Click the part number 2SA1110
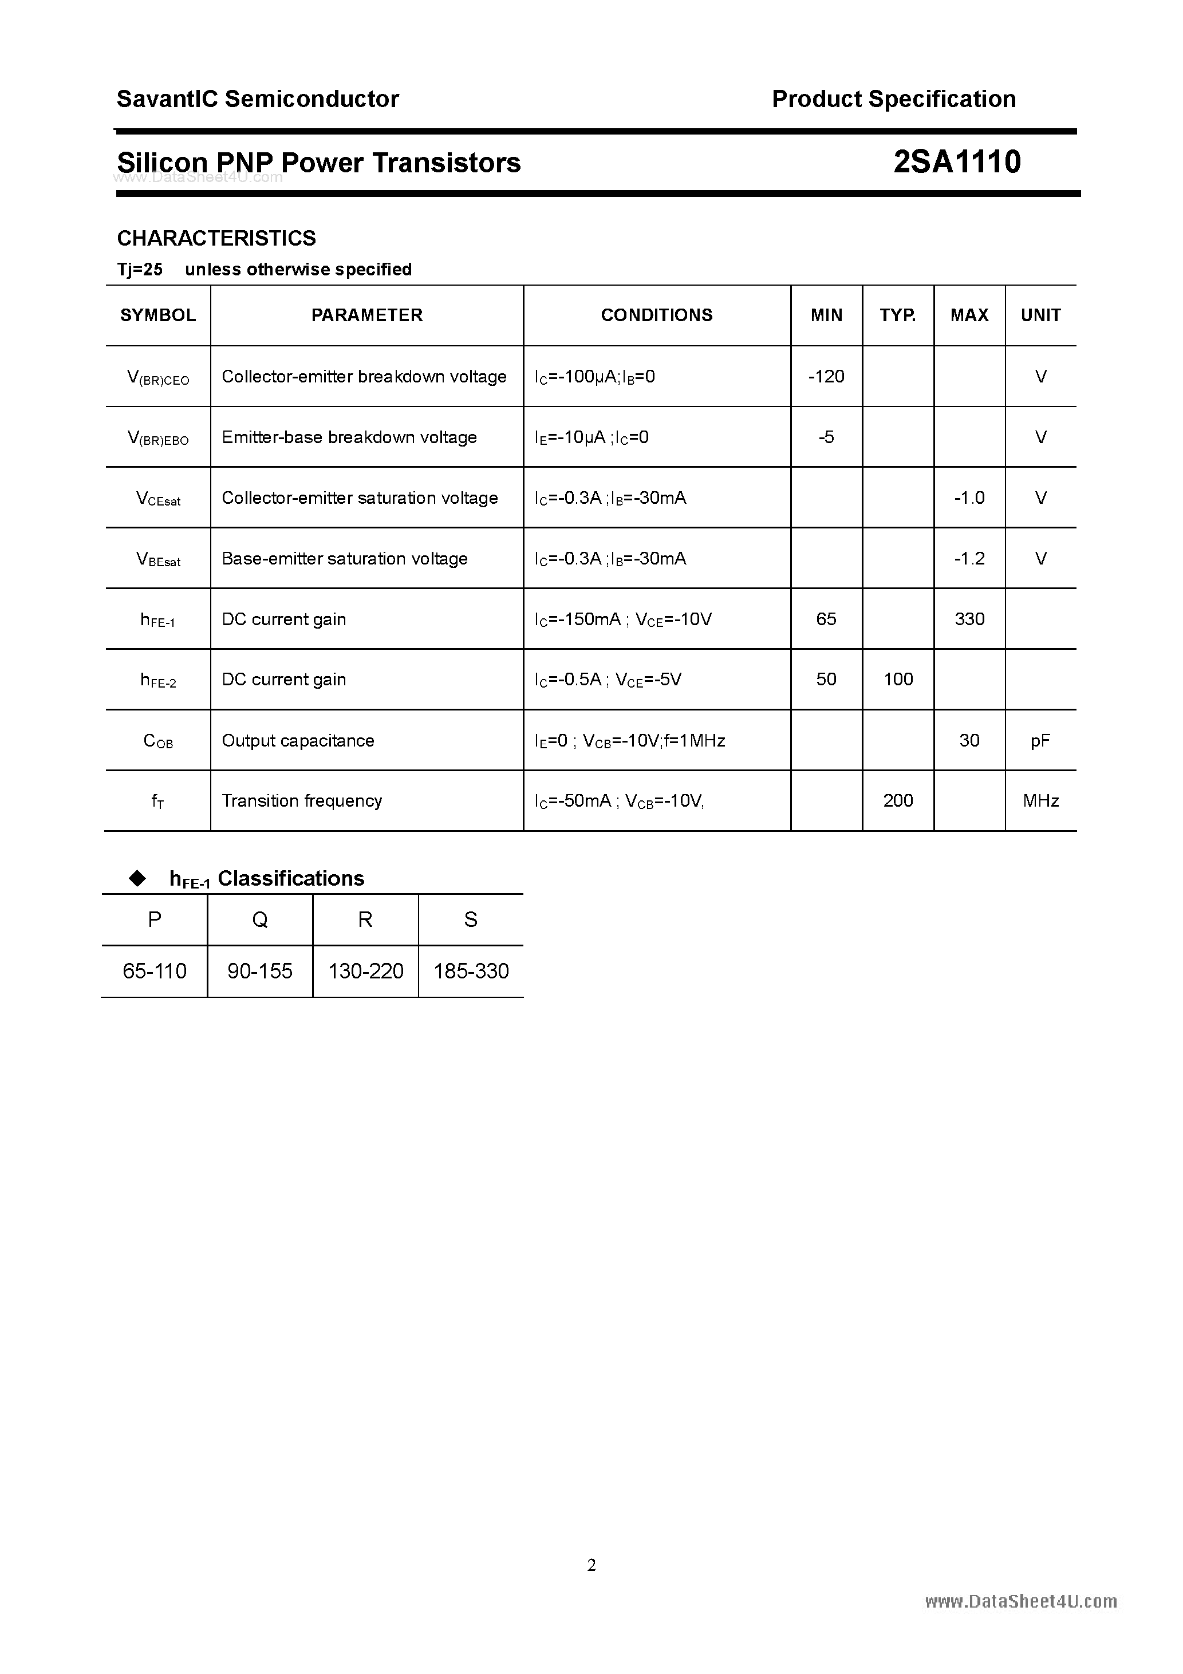956,162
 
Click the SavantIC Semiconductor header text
258,99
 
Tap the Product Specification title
893,99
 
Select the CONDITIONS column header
656,315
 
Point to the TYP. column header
898,315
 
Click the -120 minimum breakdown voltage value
826,376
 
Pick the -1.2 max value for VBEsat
969,559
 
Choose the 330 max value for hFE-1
969,619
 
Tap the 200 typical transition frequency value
898,800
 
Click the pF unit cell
1040,741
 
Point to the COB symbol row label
158,741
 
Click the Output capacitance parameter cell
298,741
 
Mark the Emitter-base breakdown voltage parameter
349,437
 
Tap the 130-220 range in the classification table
365,971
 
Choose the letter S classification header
471,920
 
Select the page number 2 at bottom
591,1565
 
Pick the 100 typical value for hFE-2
898,680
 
